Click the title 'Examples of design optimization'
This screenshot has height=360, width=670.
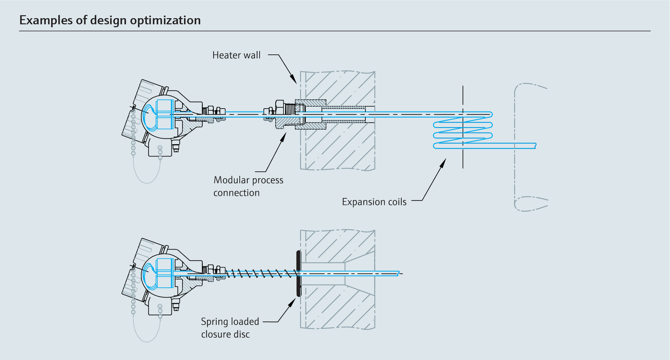(110, 20)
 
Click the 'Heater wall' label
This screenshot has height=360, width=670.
(236, 55)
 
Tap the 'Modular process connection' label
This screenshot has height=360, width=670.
(248, 186)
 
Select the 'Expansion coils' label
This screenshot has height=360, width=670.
(374, 202)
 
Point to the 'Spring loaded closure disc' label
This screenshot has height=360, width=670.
(230, 328)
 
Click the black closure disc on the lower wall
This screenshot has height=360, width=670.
(298, 273)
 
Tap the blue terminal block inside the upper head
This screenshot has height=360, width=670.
(165, 114)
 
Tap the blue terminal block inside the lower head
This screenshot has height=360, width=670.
(165, 273)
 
